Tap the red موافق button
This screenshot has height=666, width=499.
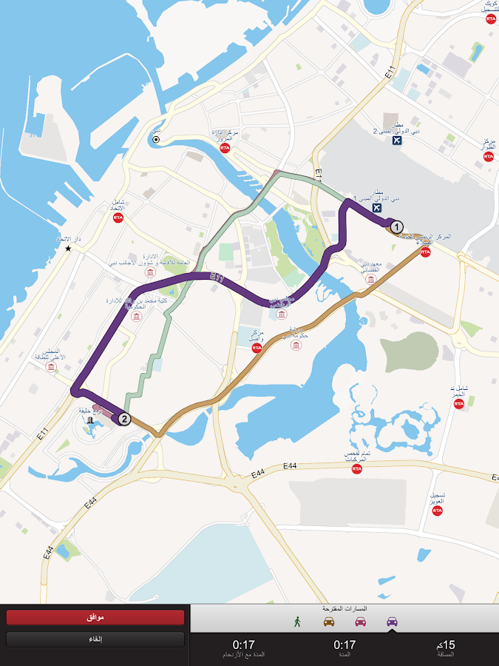(x=95, y=617)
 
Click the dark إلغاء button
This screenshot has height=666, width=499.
(x=95, y=639)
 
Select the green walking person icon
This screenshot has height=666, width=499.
(x=297, y=622)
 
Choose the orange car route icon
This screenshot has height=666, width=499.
(x=329, y=622)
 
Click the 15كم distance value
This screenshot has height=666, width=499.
(x=446, y=645)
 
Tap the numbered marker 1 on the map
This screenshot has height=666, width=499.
(x=396, y=226)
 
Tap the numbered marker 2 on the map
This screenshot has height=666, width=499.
(x=124, y=419)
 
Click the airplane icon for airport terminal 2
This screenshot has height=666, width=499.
(x=398, y=140)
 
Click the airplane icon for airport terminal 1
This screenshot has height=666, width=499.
(x=378, y=207)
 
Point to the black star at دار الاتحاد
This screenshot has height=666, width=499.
(x=68, y=249)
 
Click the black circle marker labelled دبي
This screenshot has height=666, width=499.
(x=156, y=139)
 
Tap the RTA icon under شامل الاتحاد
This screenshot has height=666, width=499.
(x=118, y=218)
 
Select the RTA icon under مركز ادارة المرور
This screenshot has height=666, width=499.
(x=225, y=148)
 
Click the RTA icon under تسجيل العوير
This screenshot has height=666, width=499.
(x=438, y=511)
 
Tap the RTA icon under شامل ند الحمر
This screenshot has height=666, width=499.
(x=459, y=403)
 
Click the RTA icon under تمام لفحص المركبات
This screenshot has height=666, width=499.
(x=357, y=468)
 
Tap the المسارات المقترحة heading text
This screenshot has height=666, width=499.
(x=344, y=608)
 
